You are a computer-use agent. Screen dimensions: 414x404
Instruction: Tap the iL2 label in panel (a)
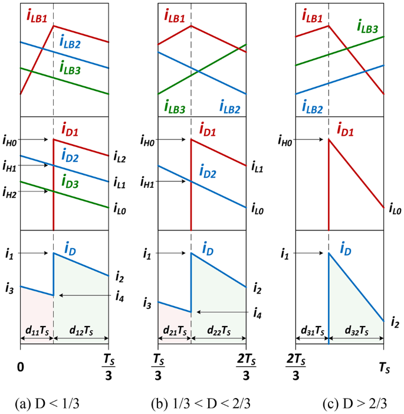(118, 159)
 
